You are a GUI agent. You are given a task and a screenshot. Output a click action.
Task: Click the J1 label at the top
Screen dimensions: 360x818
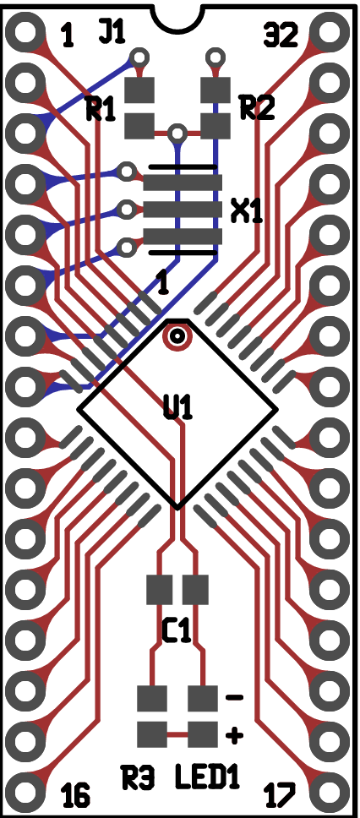[x=112, y=32]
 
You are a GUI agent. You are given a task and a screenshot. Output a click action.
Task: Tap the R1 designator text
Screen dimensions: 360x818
[x=101, y=111]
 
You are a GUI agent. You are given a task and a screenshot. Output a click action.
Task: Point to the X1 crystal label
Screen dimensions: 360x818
[x=246, y=212]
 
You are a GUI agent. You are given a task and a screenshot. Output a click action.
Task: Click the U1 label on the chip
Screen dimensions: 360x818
[x=178, y=408]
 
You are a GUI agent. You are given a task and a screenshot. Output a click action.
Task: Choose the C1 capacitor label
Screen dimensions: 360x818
[x=177, y=631]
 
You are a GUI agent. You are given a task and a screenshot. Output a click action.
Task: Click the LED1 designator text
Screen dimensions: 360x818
[x=207, y=777]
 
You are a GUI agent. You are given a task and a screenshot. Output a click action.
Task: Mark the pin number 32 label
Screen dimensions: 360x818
[x=281, y=36]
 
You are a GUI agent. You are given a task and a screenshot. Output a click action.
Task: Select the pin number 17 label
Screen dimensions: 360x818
[x=281, y=795]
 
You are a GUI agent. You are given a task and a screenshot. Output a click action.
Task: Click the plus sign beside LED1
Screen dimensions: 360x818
[x=234, y=735]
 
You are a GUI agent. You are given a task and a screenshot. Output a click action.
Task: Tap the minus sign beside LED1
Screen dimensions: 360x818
[x=234, y=697]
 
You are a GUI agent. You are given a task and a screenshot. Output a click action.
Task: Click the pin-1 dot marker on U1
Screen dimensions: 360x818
[x=177, y=336]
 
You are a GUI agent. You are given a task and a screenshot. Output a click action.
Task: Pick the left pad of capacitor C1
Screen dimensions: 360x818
[x=159, y=590]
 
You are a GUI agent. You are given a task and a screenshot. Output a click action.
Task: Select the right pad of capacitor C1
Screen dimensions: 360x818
[x=195, y=590]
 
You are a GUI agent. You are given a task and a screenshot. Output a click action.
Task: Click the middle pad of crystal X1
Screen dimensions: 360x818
[x=183, y=210]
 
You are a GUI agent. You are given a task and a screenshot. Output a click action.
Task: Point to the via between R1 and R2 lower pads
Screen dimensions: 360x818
[x=177, y=134]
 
